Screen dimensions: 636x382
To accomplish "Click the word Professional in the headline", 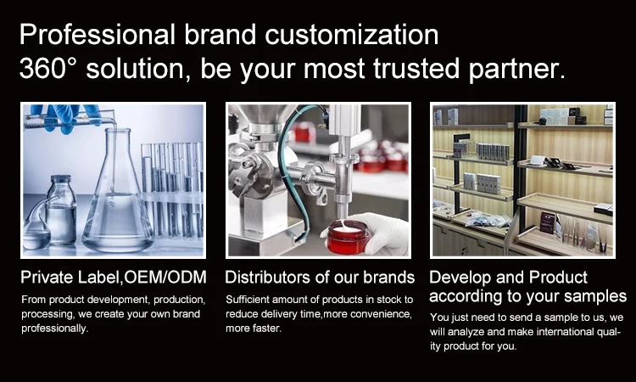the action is coord(98,34).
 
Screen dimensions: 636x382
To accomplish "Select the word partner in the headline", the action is coord(516,69).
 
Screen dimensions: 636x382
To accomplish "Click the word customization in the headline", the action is coord(352,34).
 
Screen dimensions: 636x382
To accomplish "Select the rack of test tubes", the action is coord(172,191).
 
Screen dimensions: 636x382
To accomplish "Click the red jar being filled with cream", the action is coord(348,238).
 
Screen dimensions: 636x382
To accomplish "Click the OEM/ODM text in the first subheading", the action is coord(165,278).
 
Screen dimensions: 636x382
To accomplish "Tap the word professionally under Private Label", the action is coord(55,329).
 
